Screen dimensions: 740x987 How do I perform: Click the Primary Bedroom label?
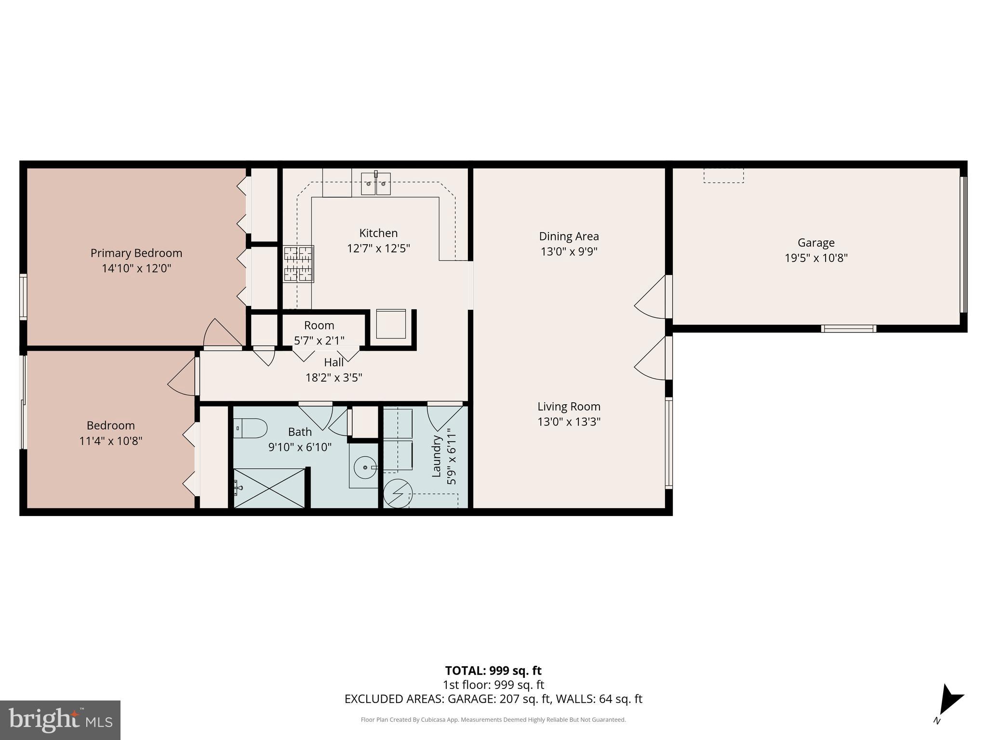coord(136,253)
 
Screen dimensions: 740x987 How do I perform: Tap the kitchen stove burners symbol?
coord(298,264)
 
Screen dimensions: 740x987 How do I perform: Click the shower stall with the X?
coord(269,488)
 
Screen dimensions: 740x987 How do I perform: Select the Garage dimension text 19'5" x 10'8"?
coord(816,258)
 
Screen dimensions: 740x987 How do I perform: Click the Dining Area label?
coord(569,236)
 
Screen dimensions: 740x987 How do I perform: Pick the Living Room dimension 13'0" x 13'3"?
coord(569,422)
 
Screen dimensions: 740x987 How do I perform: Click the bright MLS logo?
coord(60,720)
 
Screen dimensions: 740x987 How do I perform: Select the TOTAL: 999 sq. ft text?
coord(493,671)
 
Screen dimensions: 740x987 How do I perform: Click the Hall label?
coord(333,362)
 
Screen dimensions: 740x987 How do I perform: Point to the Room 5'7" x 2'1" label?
coord(319,332)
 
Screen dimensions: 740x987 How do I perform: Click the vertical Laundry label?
coord(437,456)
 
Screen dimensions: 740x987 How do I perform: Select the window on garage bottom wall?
coord(848,329)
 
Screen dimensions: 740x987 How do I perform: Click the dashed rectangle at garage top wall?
coord(723,175)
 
